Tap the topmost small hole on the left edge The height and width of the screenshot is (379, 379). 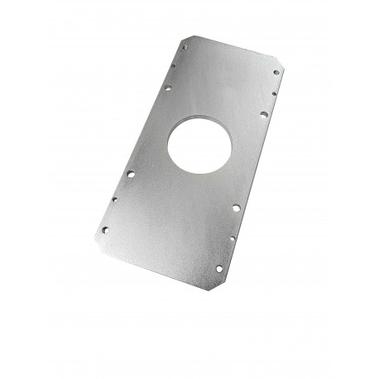coord(183,49)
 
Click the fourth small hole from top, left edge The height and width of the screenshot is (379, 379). coord(130,175)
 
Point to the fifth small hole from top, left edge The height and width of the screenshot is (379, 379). coord(115,199)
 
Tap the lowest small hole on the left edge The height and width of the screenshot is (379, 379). coord(104,230)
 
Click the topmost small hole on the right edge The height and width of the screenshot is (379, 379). coord(276,73)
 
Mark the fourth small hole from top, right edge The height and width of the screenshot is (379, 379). coord(237,209)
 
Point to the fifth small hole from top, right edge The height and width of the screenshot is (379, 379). coord(231,238)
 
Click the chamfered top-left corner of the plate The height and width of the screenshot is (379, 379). coord(188,36)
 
